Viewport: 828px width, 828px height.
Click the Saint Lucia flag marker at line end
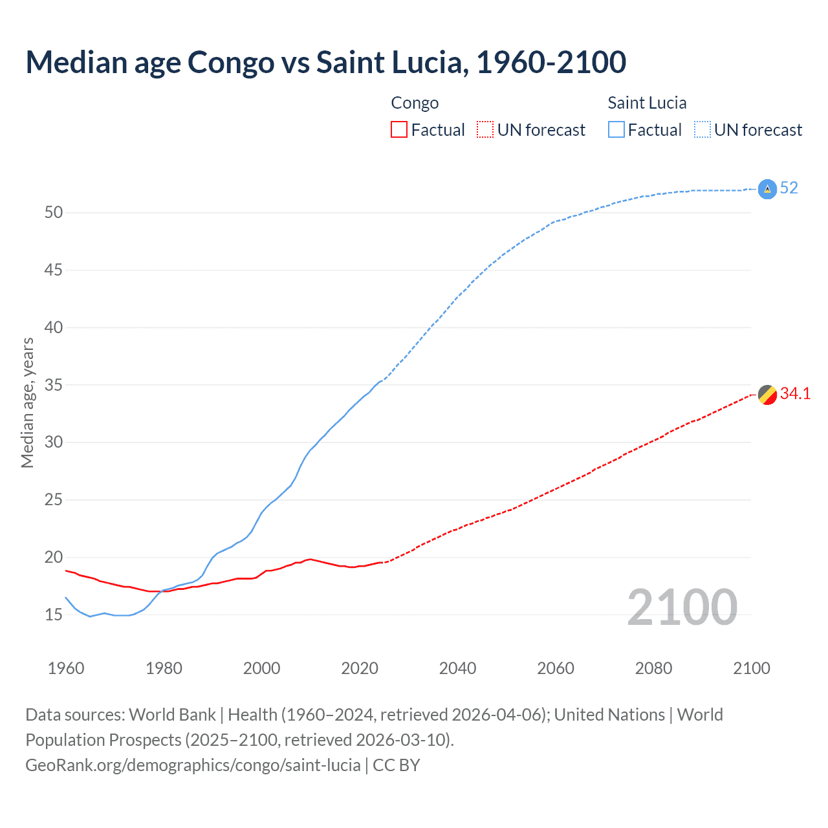[x=767, y=189]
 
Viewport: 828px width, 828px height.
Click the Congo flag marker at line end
[x=767, y=394]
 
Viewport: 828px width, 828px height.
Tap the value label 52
[x=789, y=188]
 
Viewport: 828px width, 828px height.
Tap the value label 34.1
[x=795, y=394]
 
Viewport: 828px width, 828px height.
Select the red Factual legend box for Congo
[x=399, y=130]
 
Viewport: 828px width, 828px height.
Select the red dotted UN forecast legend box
[x=485, y=130]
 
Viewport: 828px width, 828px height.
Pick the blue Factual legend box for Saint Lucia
[x=616, y=130]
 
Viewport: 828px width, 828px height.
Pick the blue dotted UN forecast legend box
[x=703, y=130]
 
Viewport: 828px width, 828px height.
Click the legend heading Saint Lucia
[x=647, y=103]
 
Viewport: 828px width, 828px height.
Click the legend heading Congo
[x=415, y=103]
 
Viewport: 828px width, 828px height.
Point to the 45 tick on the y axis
[x=53, y=270]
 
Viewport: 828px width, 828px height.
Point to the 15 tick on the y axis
[x=53, y=615]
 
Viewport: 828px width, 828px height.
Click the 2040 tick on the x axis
[x=457, y=668]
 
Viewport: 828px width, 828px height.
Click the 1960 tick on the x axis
[x=66, y=668]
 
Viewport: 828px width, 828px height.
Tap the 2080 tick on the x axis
[x=653, y=668]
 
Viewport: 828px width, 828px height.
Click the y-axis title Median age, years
[x=27, y=402]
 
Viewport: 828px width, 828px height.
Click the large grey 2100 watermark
[x=682, y=607]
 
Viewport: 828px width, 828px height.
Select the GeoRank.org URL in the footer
[x=193, y=765]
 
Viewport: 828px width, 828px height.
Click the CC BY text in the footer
[x=397, y=765]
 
